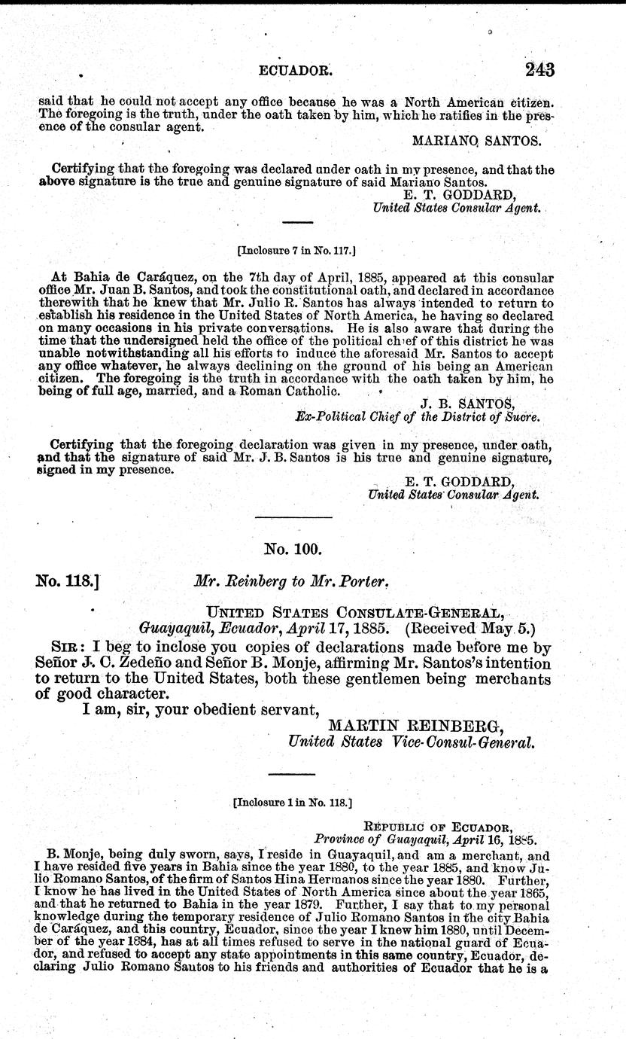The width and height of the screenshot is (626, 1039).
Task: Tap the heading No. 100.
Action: tap(293, 549)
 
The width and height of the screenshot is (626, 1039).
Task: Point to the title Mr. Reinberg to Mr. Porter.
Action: tap(290, 581)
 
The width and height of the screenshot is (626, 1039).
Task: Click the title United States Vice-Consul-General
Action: tap(412, 742)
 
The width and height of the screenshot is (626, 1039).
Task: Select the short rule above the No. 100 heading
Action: tap(293, 517)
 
